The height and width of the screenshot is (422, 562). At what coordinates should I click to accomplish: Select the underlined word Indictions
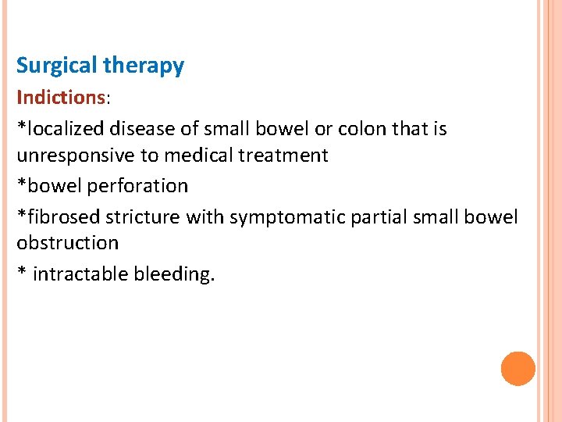pos(61,98)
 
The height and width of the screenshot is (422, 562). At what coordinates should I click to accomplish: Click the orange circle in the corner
pos(518,368)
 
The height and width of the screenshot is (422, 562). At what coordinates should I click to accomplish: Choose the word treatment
pos(284,156)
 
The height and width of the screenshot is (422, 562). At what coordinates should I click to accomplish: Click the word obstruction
pos(68,243)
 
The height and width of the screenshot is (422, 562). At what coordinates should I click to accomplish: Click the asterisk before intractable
pos(21,273)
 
